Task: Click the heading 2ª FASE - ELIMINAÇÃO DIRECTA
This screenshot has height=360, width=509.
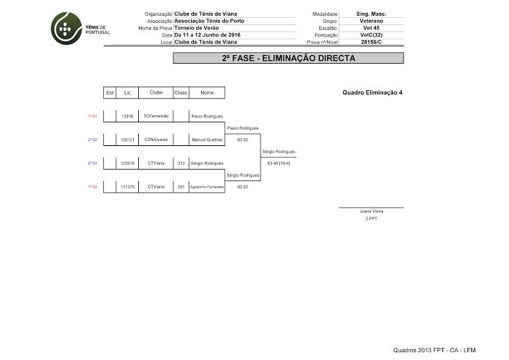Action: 289,58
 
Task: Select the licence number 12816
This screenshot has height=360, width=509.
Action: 127,116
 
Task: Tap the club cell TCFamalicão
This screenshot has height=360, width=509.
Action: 156,116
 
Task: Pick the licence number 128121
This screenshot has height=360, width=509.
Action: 127,140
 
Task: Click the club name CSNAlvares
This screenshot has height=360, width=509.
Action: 156,140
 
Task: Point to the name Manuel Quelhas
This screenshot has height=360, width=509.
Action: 207,140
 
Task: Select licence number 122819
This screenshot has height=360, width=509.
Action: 127,163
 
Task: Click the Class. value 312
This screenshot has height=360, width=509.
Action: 181,163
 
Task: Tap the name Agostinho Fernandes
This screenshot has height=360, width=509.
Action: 207,187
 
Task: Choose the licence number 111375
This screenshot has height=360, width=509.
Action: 127,187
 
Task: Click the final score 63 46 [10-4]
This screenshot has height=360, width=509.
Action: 278,163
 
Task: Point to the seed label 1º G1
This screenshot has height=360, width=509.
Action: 92,116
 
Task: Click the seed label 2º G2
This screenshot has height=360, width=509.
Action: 92,140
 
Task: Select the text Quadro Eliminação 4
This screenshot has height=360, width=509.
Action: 372,92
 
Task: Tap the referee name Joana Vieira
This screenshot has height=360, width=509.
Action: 371,212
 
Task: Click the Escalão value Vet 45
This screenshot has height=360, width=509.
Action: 371,28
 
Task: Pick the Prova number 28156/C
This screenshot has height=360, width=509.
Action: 371,42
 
